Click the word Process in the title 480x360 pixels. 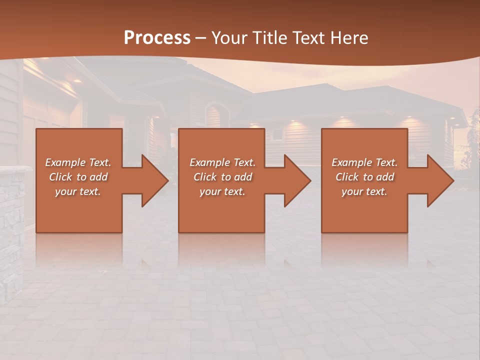157,38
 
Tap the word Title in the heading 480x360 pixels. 268,38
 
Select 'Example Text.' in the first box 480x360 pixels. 78,162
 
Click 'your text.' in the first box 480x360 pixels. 78,191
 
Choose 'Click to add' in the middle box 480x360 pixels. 222,177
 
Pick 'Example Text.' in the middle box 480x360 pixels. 222,162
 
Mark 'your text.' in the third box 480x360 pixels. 364,191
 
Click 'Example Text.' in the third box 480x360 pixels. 364,162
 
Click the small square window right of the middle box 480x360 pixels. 276,134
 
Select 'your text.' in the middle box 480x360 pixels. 222,191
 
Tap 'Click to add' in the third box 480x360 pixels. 364,177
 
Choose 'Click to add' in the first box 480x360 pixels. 78,177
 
